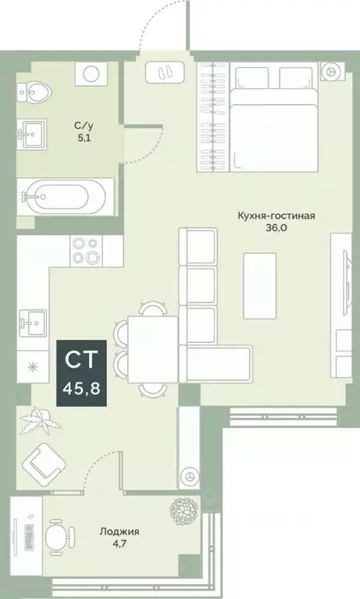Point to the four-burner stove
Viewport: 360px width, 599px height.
[x=85, y=250]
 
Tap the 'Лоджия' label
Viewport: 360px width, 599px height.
[x=119, y=532]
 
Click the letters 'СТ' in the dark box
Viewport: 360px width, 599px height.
[x=80, y=360]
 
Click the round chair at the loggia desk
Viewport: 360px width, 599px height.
[x=58, y=536]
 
